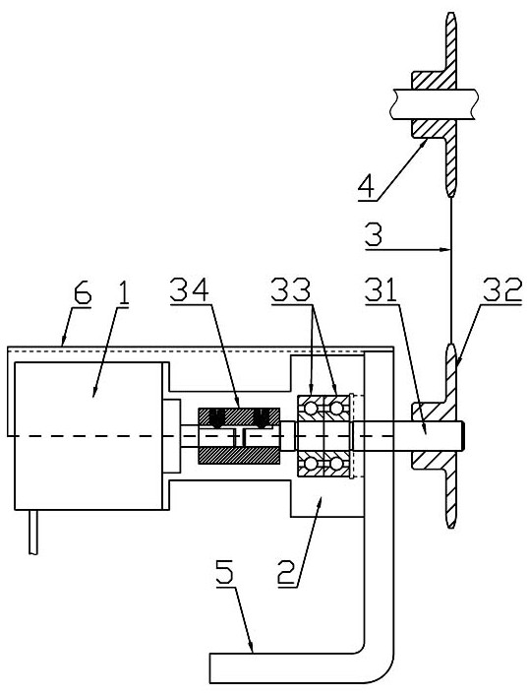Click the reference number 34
click(x=189, y=290)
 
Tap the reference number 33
click(x=291, y=290)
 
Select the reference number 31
click(x=381, y=290)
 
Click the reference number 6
click(x=83, y=294)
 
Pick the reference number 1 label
click(x=123, y=294)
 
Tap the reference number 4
click(x=366, y=189)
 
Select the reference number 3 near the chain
click(x=374, y=236)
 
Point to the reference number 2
click(x=287, y=574)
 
